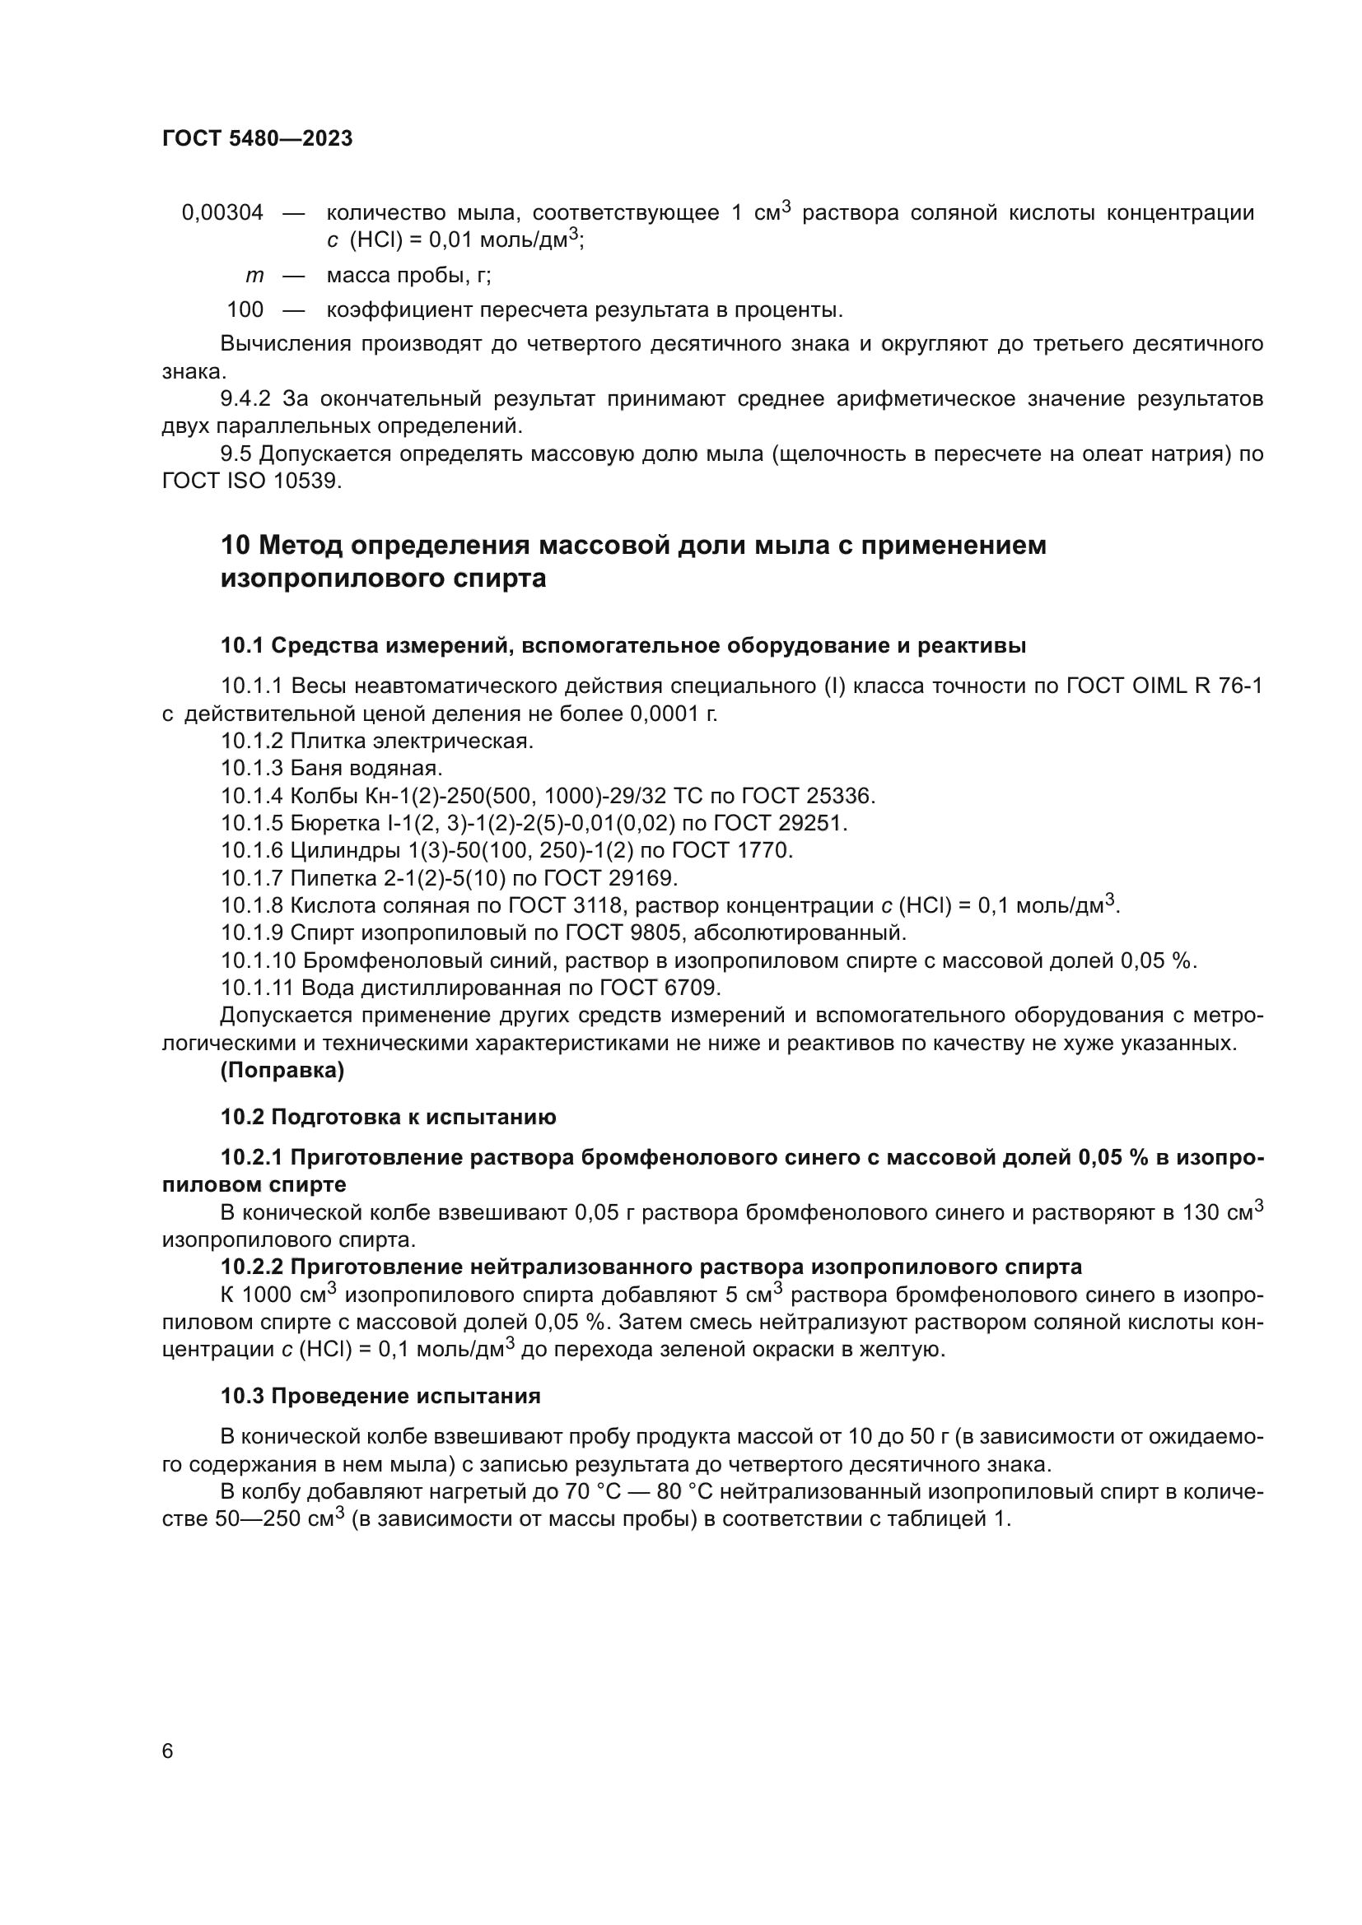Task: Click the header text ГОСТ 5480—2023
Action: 257,139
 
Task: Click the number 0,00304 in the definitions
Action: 222,213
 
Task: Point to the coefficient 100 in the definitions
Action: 245,310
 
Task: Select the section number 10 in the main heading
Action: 235,546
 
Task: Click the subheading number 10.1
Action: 241,645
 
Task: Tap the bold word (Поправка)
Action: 282,1071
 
